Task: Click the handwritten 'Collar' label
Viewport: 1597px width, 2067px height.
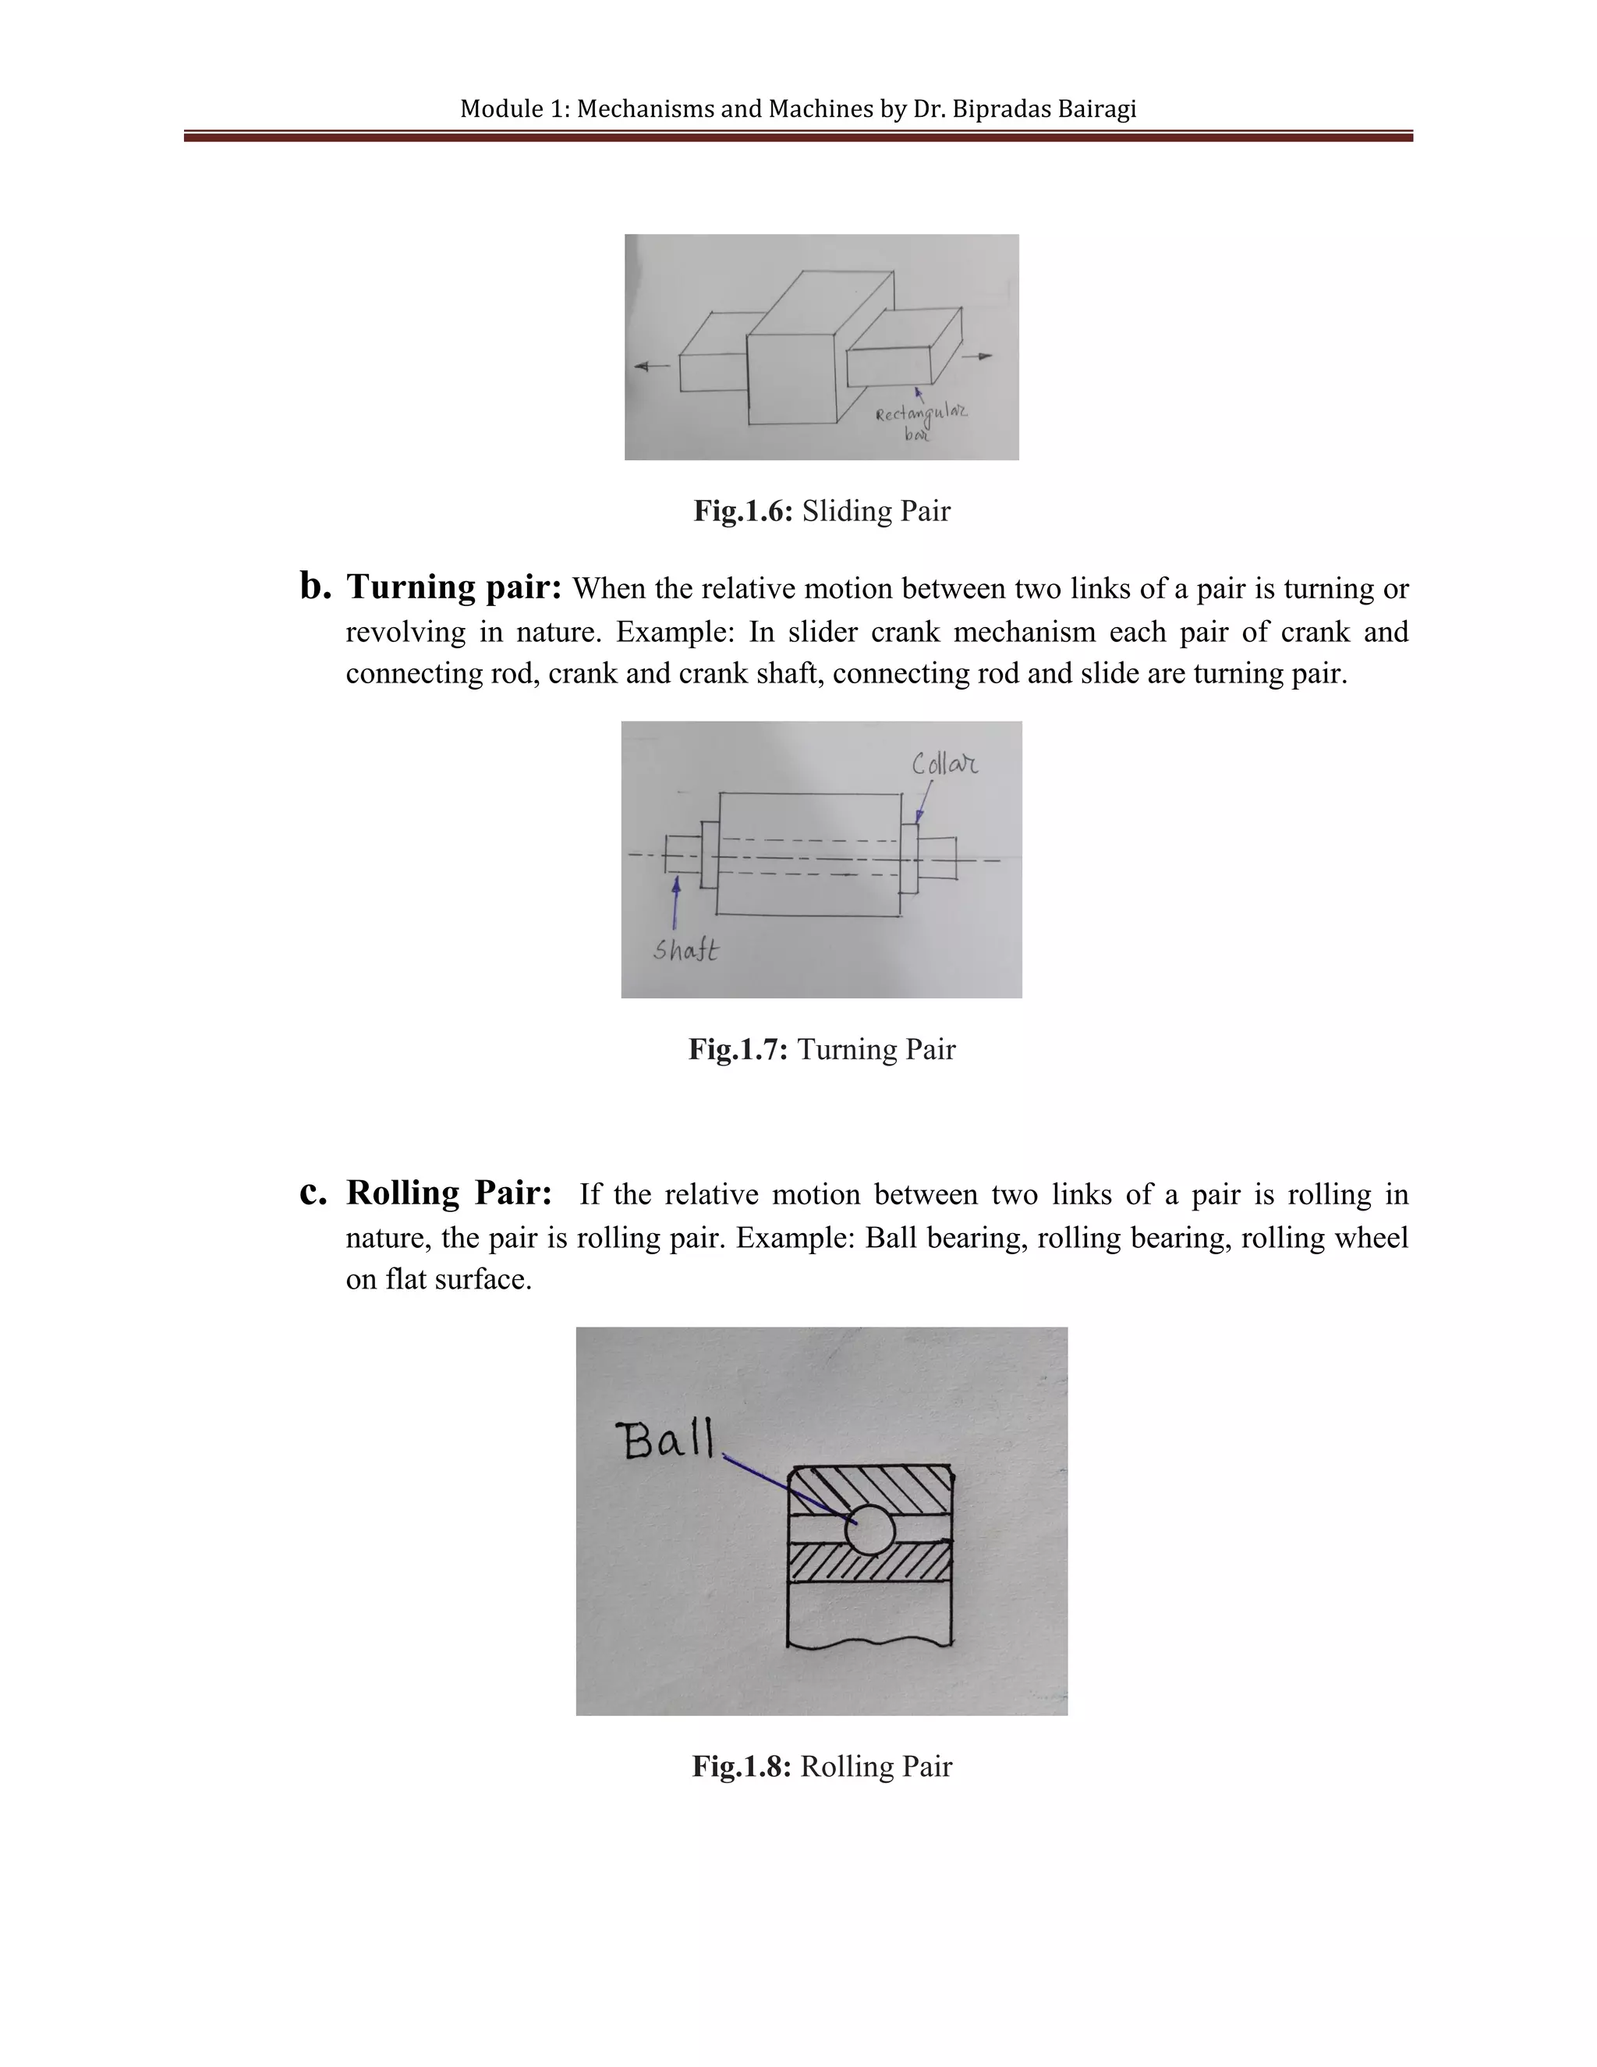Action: point(944,764)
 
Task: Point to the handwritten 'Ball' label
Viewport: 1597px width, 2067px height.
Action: point(666,1441)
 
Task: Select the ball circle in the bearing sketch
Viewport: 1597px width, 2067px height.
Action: point(869,1529)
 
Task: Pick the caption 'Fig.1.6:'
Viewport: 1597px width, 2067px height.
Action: point(742,512)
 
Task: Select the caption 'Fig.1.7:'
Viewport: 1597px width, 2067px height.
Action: point(738,1050)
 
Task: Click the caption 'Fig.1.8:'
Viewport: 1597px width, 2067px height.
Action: point(741,1766)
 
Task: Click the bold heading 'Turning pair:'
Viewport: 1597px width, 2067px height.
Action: point(454,588)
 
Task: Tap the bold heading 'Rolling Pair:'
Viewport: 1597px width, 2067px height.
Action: point(448,1193)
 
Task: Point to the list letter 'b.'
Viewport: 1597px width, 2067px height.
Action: point(315,586)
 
